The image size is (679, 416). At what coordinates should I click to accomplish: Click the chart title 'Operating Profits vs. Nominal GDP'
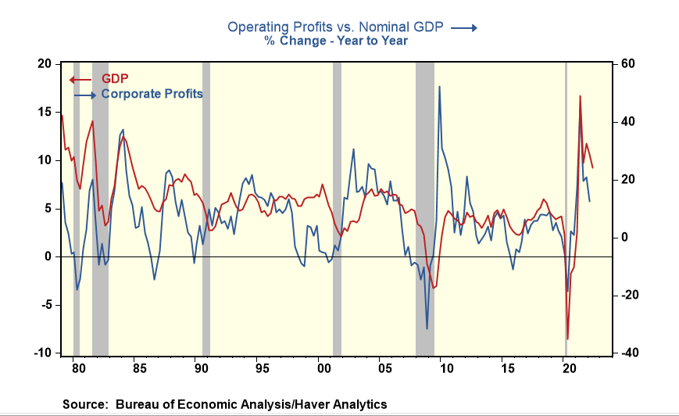pyautogui.click(x=335, y=27)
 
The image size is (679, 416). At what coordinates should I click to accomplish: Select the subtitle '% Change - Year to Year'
pyautogui.click(x=335, y=41)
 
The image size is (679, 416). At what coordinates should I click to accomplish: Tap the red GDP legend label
pyautogui.click(x=115, y=79)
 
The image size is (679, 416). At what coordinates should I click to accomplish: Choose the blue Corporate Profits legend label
pyautogui.click(x=152, y=94)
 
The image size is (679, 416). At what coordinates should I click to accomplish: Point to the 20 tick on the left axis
pyautogui.click(x=45, y=63)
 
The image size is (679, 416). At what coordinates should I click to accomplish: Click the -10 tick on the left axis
pyautogui.click(x=44, y=353)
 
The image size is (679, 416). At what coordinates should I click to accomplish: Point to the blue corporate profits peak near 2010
pyautogui.click(x=439, y=86)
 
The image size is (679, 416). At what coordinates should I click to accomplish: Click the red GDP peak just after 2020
pyautogui.click(x=580, y=96)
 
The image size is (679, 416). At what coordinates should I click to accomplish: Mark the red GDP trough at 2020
pyautogui.click(x=567, y=339)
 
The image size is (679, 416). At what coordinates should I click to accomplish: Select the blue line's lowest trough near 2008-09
pyautogui.click(x=427, y=328)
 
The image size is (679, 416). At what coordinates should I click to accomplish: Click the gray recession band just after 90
pyautogui.click(x=206, y=207)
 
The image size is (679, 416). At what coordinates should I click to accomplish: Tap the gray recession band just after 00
pyautogui.click(x=337, y=207)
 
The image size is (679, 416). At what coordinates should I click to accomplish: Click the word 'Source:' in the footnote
pyautogui.click(x=86, y=404)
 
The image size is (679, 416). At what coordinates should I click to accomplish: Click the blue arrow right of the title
pyautogui.click(x=463, y=27)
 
